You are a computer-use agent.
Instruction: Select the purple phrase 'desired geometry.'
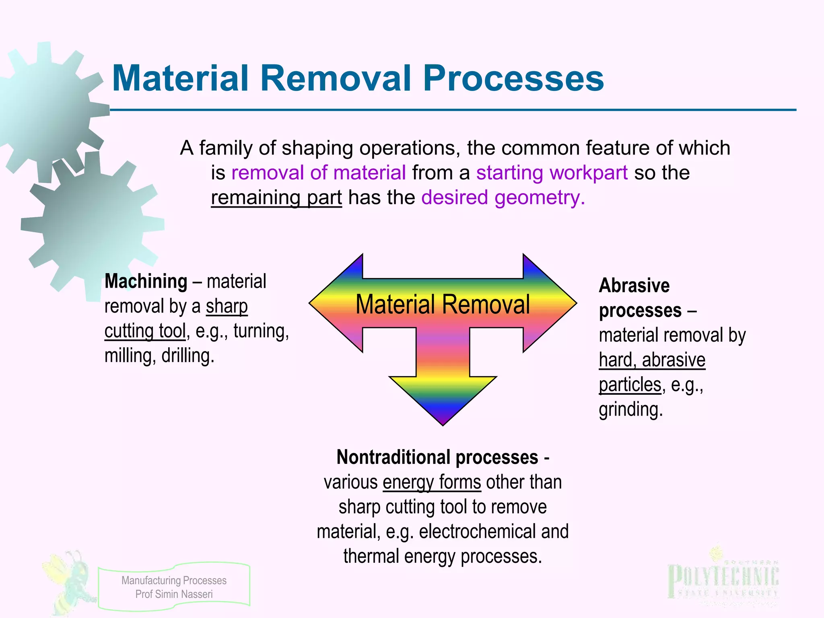[x=503, y=198]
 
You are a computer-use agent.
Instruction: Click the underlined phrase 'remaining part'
[x=276, y=198]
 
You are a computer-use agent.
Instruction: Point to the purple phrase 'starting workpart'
[x=552, y=173]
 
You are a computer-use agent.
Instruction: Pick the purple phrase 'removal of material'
[x=318, y=173]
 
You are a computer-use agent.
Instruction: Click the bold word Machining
[x=146, y=281]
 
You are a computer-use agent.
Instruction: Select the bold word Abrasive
[x=634, y=286]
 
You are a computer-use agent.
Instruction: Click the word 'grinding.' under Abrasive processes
[x=630, y=410]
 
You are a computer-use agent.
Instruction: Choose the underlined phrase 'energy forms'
[x=432, y=482]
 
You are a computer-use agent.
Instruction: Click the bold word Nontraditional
[x=393, y=457]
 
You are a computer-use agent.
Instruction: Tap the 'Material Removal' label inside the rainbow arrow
[x=443, y=304]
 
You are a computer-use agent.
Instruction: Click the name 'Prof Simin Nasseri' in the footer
[x=174, y=594]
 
